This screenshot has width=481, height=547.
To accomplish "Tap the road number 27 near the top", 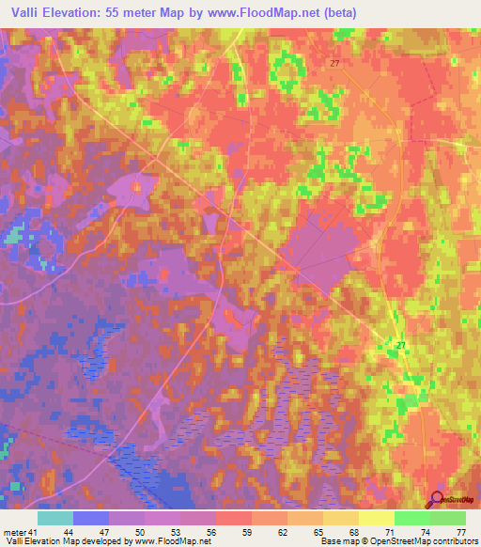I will [335, 63].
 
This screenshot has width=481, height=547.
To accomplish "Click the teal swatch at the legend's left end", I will [55, 518].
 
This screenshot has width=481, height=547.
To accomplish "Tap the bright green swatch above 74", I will [411, 518].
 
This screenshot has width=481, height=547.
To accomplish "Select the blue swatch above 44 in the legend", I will [91, 518].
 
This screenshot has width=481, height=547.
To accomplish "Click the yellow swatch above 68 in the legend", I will [340, 518].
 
